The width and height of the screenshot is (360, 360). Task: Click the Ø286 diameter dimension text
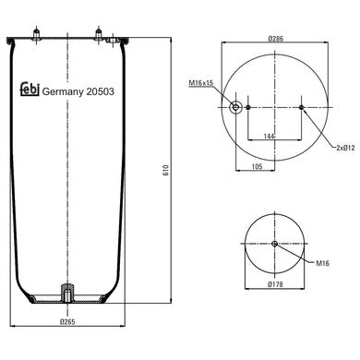275,39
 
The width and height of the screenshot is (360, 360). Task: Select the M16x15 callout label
201,83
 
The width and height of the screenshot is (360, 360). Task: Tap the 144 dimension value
269,136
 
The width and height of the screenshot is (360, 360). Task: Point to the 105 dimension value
257,166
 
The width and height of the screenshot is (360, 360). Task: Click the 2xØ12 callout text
345,148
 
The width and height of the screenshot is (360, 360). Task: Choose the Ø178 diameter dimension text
275,284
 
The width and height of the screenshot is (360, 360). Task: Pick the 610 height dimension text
166,170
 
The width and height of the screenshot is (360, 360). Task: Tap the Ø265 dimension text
67,322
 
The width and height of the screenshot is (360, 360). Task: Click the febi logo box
30,90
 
